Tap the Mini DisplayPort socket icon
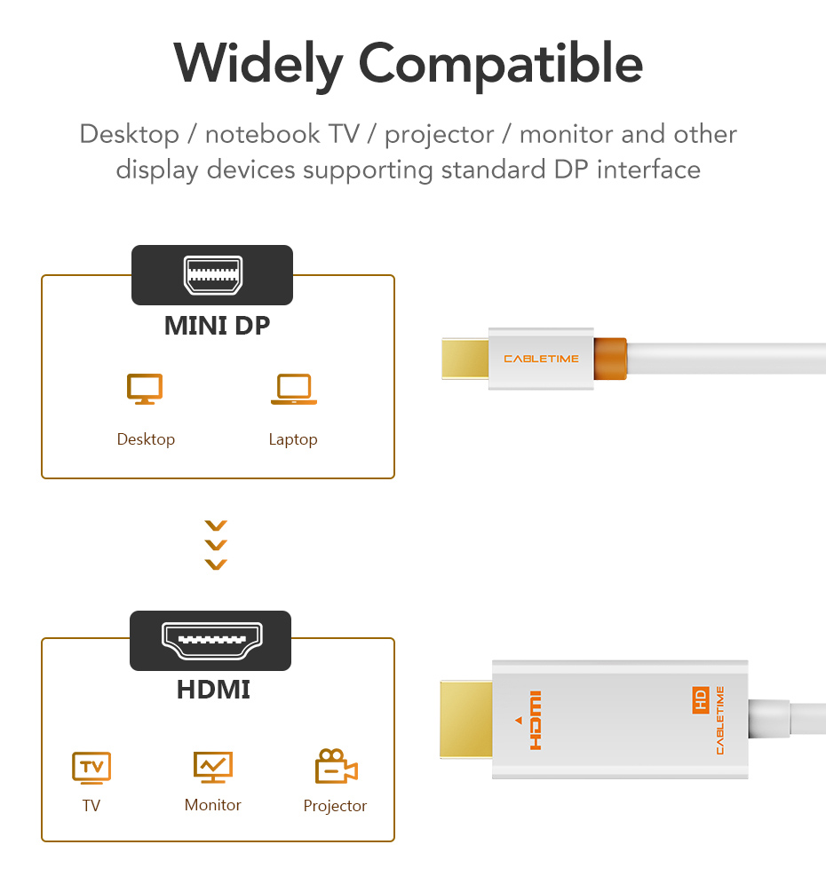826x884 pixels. [x=212, y=275]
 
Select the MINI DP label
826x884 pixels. [x=218, y=326]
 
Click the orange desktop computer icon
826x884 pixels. [x=145, y=389]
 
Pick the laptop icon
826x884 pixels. [x=294, y=389]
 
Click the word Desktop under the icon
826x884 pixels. [x=146, y=439]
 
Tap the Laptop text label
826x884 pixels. [x=293, y=439]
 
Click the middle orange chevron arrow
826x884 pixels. [x=216, y=545]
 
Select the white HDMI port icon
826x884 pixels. [x=212, y=641]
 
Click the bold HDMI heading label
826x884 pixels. [x=213, y=690]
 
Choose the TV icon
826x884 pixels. [x=91, y=768]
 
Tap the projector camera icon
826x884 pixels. [x=337, y=766]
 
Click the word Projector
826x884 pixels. [x=335, y=806]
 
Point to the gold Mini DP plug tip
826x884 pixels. [x=465, y=359]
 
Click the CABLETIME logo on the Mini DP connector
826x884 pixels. [x=541, y=359]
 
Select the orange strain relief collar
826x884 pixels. [x=610, y=359]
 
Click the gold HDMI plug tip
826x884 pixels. [x=466, y=719]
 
